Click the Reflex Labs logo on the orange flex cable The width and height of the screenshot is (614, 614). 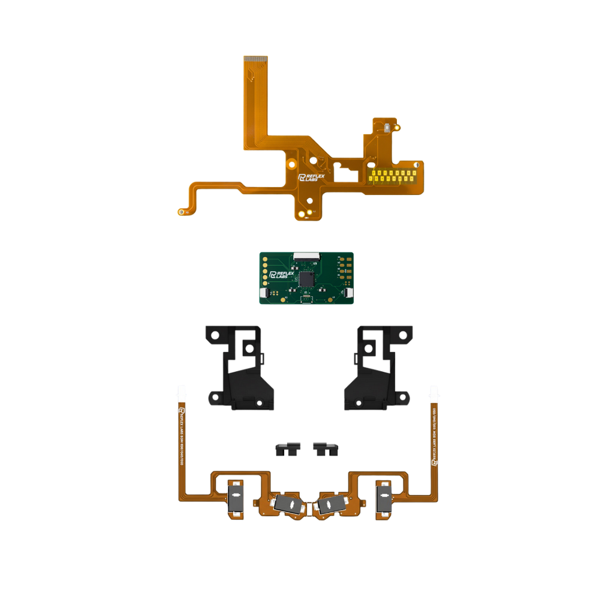coord(311,177)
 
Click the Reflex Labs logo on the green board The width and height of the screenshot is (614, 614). coord(282,275)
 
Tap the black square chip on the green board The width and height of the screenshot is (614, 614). coord(308,278)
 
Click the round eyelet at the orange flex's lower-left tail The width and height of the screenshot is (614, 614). coord(180,212)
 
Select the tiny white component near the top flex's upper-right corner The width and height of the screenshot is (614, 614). coord(388,127)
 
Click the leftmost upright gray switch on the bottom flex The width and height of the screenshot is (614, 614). coord(236,497)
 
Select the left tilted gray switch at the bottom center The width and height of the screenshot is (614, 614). coord(288,505)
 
